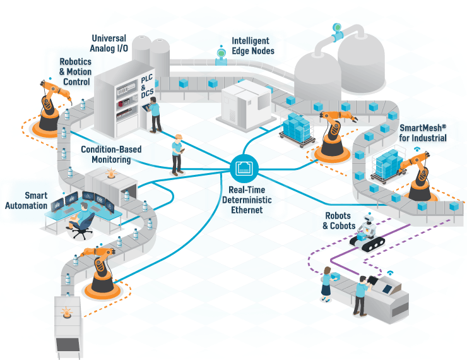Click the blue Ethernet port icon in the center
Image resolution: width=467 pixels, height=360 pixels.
244,167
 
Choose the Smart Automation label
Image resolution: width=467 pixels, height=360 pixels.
27,200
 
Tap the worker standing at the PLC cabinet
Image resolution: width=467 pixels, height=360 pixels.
155,114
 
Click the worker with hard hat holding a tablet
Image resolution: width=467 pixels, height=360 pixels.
179,154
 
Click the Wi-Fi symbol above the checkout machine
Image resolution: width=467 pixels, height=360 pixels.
390,273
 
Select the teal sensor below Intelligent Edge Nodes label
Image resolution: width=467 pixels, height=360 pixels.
221,55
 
